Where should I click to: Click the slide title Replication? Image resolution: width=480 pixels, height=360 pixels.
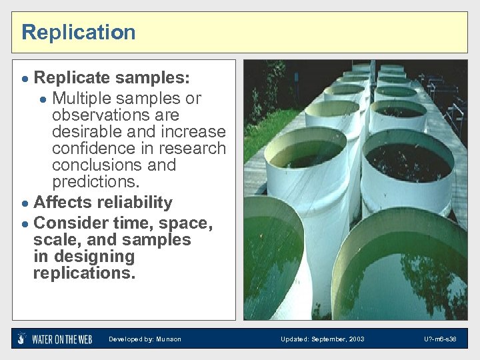[x=78, y=32]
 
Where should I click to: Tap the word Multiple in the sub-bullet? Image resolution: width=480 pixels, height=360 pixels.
[x=81, y=98]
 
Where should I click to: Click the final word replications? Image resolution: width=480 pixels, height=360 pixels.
[x=84, y=273]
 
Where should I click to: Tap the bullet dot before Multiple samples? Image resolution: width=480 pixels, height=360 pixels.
[x=43, y=99]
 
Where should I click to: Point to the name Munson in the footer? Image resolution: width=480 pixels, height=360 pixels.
[x=169, y=339]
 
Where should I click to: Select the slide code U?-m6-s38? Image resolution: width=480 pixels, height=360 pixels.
[x=440, y=339]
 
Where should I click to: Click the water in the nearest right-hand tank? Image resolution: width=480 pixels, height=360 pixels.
[x=407, y=280]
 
